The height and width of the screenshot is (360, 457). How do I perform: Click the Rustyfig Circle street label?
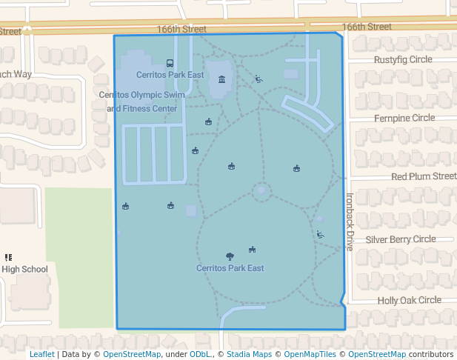tap(403, 59)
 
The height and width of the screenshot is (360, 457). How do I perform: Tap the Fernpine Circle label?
tap(404, 118)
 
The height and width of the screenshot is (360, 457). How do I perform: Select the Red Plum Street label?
tap(424, 176)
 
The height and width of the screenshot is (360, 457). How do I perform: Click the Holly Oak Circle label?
tap(409, 300)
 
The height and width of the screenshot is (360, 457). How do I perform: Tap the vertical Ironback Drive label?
tap(350, 222)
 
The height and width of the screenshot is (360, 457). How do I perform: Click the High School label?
tap(24, 270)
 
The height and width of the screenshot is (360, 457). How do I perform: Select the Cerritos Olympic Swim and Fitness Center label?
tap(142, 101)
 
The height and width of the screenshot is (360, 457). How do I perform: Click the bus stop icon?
tap(170, 64)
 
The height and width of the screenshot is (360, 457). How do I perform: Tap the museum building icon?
tap(221, 79)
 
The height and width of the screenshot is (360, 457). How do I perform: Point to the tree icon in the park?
tap(230, 256)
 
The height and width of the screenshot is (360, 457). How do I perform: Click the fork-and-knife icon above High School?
tap(8, 257)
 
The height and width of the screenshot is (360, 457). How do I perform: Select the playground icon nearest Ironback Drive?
tap(320, 235)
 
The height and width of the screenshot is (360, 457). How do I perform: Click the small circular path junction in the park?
tap(261, 192)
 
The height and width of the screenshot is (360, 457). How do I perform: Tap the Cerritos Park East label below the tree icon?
tap(230, 268)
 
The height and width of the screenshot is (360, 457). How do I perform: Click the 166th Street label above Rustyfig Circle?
tap(367, 27)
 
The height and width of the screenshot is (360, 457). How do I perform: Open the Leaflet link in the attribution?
tap(41, 355)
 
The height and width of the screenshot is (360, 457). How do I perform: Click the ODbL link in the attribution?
tap(201, 355)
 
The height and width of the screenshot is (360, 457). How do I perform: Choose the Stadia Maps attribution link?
tap(247, 355)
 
